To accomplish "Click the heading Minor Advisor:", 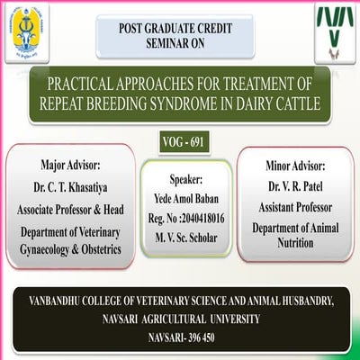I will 295,166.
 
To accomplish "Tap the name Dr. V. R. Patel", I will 295,185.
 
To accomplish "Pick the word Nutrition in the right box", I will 295,243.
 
